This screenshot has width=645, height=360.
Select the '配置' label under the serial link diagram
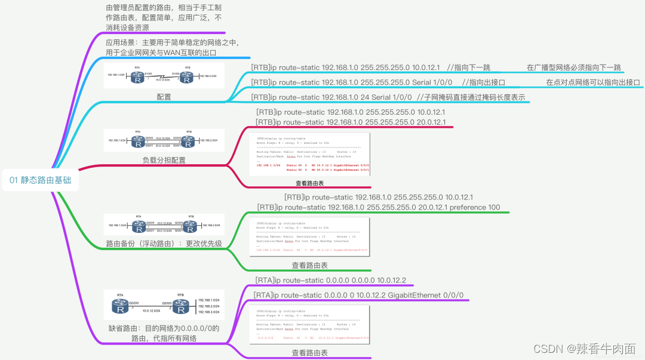[x=164, y=97]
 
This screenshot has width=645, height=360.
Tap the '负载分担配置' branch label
[x=164, y=160]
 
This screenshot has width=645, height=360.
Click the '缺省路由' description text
[x=164, y=333]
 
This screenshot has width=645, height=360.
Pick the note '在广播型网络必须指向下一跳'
[x=574, y=67]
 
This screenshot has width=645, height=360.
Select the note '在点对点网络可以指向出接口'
[x=592, y=82]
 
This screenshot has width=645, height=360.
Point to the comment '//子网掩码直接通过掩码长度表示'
[x=472, y=97]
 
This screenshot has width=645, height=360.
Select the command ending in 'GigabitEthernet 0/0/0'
[x=358, y=295]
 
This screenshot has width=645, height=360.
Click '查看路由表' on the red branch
[x=310, y=183]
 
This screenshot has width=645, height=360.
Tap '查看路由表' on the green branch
[x=310, y=265]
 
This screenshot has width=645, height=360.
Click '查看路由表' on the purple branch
[x=310, y=353]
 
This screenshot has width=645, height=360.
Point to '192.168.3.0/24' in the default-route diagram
[x=208, y=312]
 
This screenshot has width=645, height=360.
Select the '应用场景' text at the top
[x=172, y=47]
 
